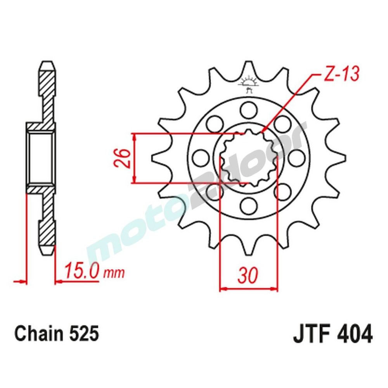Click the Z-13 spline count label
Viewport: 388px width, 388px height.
point(336,74)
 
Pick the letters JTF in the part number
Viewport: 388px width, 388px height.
point(311,334)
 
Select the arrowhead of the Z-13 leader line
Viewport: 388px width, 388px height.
point(263,131)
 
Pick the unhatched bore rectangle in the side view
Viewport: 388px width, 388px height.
point(40,158)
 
